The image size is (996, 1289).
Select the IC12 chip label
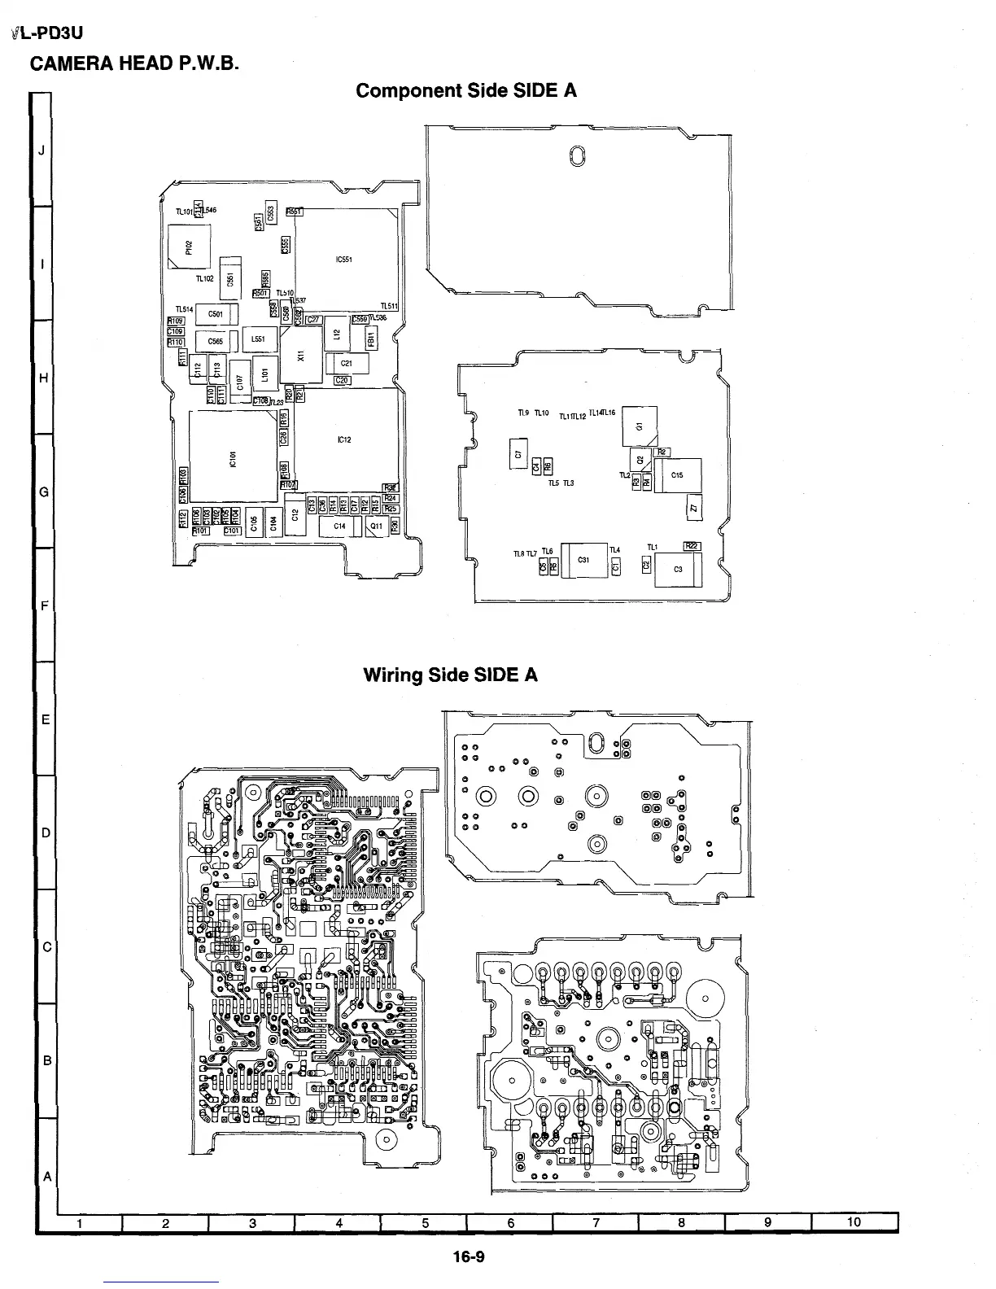click(x=344, y=440)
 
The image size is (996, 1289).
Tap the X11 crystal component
click(x=301, y=355)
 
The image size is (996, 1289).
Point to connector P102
click(x=189, y=246)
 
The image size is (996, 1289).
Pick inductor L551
click(x=259, y=339)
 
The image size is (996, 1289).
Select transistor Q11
click(x=376, y=527)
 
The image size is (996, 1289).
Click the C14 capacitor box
click(x=340, y=527)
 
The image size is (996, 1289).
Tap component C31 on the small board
click(x=583, y=560)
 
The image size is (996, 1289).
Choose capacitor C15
click(x=677, y=475)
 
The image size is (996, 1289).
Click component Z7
click(x=693, y=508)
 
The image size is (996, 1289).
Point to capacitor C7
click(x=517, y=452)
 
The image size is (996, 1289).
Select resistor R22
click(x=692, y=546)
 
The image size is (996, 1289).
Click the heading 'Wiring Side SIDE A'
click(x=450, y=675)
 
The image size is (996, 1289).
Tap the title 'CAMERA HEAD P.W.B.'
click(x=134, y=63)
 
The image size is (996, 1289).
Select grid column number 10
click(x=854, y=1221)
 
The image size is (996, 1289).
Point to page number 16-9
click(x=469, y=1256)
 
